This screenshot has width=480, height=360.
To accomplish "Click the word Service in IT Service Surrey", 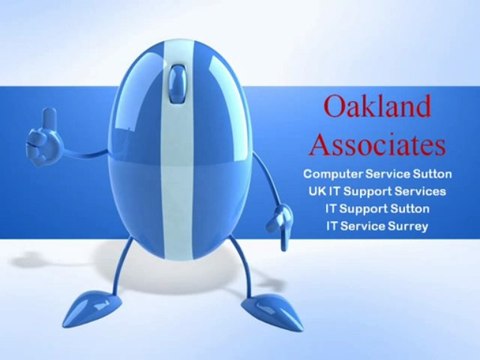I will (x=360, y=227).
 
